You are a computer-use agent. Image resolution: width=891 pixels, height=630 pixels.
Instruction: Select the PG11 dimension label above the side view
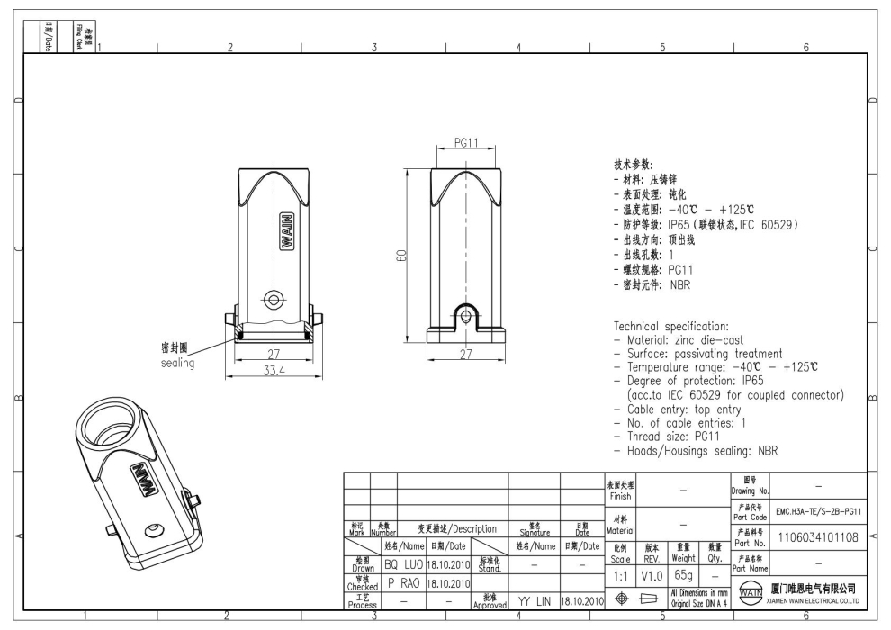[465, 142]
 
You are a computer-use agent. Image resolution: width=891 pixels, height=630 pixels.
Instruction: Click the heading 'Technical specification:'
[685, 326]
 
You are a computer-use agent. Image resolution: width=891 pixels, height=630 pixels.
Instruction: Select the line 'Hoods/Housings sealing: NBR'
[703, 450]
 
